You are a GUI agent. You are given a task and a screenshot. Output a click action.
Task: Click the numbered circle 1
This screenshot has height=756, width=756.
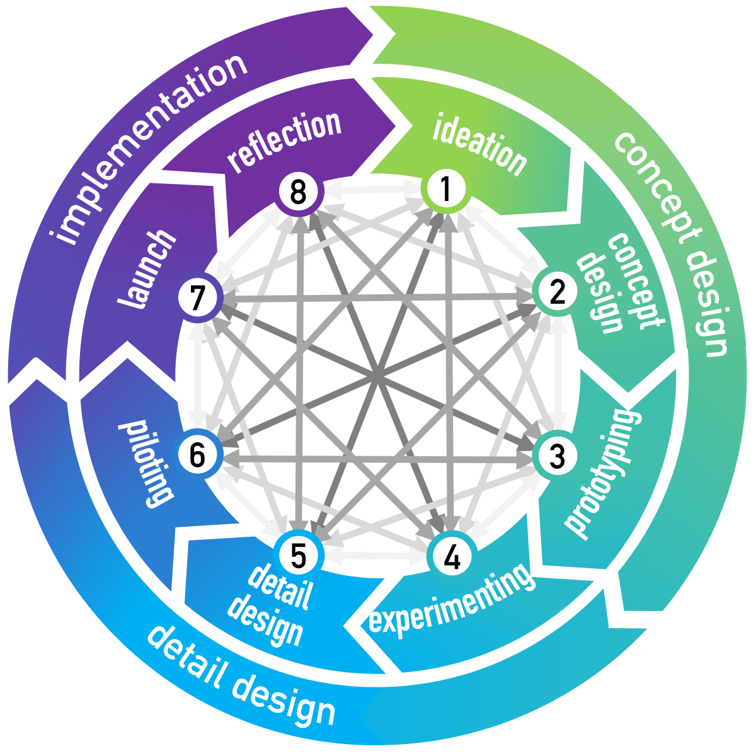tap(446, 189)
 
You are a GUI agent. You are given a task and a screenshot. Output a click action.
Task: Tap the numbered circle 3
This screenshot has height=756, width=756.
tap(556, 456)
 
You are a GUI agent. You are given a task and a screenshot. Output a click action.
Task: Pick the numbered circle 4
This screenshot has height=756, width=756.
tap(452, 557)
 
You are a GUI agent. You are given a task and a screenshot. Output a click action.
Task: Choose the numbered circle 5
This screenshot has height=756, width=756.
tap(299, 555)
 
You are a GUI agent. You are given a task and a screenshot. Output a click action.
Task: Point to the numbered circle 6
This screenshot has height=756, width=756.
tap(197, 454)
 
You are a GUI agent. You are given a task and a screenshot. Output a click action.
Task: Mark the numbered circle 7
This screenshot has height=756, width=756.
tap(198, 297)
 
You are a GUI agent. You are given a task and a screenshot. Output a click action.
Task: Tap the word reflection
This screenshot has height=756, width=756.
tap(285, 140)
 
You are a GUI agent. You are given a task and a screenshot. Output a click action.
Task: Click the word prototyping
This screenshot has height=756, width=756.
tap(602, 472)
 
